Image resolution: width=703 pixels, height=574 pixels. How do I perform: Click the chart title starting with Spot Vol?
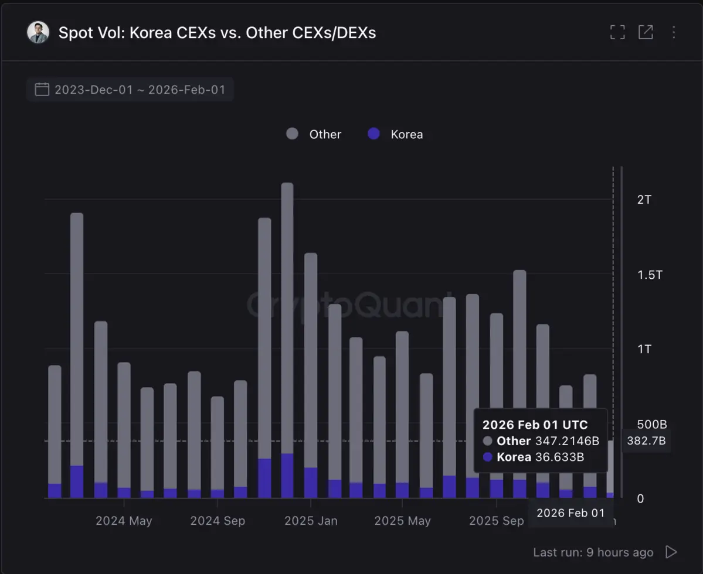(217, 33)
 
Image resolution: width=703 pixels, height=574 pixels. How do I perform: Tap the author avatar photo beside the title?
(38, 32)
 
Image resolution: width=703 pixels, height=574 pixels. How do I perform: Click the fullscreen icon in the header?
(617, 32)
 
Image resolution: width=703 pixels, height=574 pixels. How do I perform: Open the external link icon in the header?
(646, 32)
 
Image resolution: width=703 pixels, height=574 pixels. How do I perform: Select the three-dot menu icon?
(674, 32)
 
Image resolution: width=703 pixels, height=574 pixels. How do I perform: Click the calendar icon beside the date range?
(42, 90)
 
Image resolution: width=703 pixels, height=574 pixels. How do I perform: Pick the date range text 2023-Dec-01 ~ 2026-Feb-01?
(140, 90)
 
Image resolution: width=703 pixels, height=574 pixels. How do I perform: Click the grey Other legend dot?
(292, 134)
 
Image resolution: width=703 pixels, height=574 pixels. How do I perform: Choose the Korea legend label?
(406, 135)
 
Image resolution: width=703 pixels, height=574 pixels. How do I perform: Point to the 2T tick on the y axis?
(644, 200)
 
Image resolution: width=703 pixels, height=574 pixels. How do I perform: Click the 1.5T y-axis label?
(650, 274)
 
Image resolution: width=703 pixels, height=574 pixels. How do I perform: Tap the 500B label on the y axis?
(652, 423)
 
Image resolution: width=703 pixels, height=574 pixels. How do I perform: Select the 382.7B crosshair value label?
(646, 441)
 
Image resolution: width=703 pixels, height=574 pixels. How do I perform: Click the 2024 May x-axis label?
(124, 521)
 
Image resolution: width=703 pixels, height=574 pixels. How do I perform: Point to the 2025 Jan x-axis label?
(311, 521)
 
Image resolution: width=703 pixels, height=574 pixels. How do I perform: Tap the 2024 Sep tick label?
(218, 521)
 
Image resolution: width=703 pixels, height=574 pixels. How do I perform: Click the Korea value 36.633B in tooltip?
(559, 457)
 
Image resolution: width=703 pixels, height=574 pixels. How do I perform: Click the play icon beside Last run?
(671, 552)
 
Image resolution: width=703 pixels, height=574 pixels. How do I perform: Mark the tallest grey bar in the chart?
(287, 316)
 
